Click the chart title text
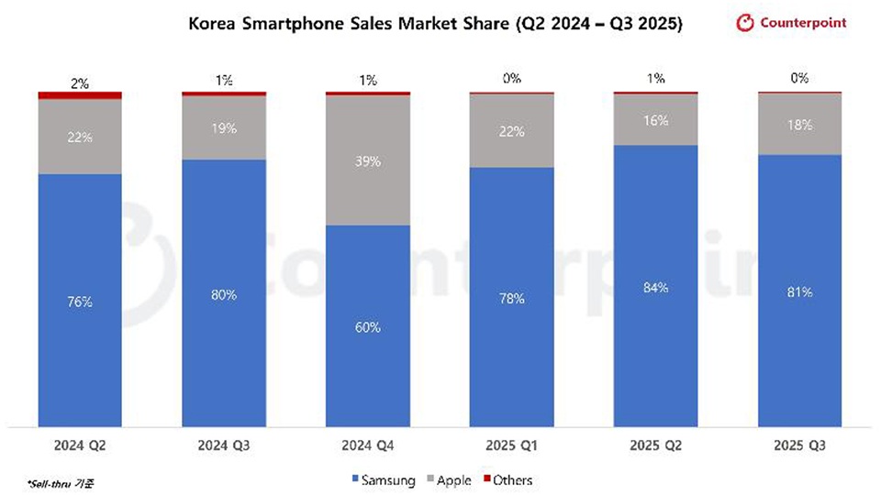pos(435,25)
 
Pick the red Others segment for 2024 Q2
pos(80,95)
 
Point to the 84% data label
pos(655,288)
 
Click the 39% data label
pos(368,161)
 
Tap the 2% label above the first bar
pos(80,82)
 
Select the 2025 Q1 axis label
pos(512,447)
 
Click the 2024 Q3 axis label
pos(224,447)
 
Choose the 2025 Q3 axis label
pos(800,447)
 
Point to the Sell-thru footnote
pos(52,480)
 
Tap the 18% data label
pos(800,125)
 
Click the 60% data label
pos(368,327)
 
